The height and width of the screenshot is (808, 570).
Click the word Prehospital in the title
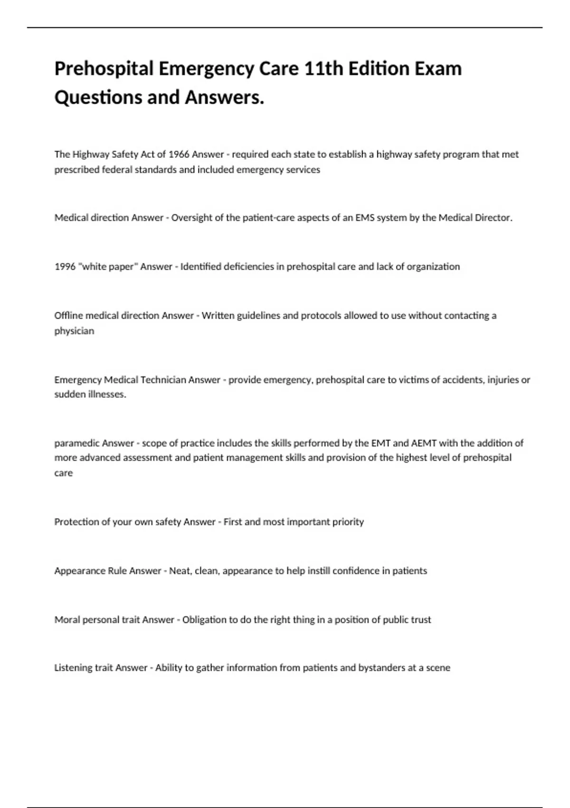coord(104,69)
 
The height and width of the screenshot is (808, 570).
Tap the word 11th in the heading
coord(323,69)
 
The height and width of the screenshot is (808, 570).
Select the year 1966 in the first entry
coord(179,154)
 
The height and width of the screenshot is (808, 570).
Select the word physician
coord(74,331)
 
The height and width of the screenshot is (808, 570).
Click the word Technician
coord(162,380)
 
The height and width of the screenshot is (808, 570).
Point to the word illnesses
coord(107,394)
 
